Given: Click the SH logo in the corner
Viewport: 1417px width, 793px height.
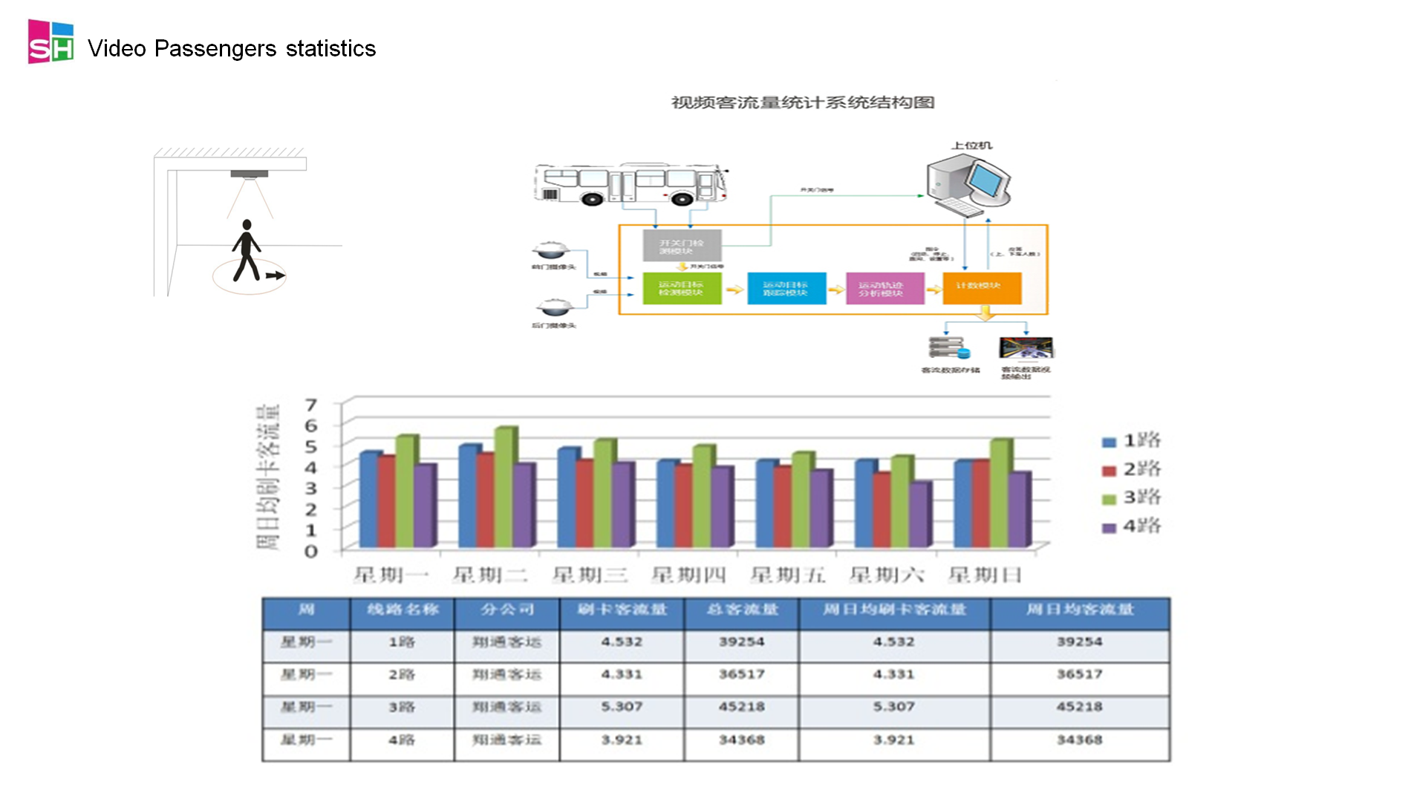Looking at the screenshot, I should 51,42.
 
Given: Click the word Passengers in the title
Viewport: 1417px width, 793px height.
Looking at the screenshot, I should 215,49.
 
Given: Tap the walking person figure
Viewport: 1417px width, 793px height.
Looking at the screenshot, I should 247,250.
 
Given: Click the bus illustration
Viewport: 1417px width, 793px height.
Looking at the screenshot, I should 631,184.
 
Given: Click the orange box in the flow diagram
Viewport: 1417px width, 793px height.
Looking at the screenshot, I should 982,287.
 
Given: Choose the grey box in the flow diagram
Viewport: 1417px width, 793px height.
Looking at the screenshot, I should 682,246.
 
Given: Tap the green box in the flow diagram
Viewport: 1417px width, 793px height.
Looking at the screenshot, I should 681,289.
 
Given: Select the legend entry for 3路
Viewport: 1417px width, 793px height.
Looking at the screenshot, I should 1133,498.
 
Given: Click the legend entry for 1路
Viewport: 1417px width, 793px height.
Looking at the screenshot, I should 1133,441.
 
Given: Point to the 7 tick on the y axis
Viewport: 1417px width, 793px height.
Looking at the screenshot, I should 311,405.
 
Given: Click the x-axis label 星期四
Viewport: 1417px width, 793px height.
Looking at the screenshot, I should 688,575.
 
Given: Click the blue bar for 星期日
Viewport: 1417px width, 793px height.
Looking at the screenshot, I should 962,503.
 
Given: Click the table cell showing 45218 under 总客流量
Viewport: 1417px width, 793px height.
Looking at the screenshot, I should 741,708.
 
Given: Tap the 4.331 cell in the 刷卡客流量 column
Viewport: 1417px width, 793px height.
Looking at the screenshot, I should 622,675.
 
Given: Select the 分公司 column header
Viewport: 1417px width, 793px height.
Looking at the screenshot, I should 506,610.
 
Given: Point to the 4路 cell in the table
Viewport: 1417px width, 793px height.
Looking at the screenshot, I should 402,740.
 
